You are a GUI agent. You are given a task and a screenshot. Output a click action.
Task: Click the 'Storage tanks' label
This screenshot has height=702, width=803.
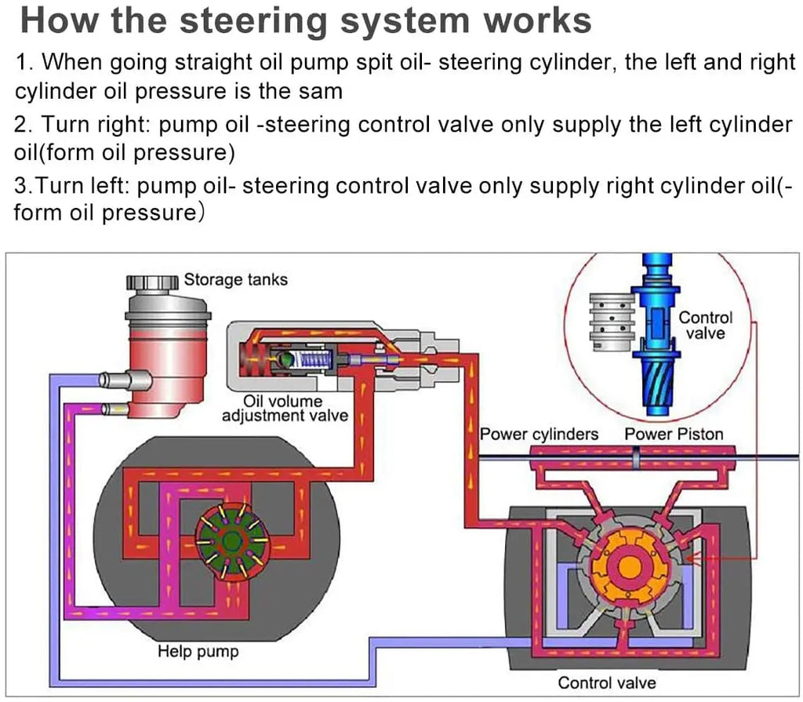(235, 280)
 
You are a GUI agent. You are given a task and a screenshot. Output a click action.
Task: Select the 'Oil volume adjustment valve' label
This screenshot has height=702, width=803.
(284, 409)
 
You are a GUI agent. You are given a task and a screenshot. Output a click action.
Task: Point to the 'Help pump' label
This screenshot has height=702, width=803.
(198, 651)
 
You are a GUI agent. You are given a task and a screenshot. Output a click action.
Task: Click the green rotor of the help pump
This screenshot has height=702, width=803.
(231, 540)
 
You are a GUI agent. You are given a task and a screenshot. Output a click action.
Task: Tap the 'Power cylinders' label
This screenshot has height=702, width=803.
(539, 434)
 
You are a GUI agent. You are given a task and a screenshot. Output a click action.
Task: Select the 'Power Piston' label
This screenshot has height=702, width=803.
(674, 434)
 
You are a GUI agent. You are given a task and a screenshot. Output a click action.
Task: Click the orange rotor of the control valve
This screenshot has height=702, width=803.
(625, 566)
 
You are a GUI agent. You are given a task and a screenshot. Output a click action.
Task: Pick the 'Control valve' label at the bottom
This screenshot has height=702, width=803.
(606, 682)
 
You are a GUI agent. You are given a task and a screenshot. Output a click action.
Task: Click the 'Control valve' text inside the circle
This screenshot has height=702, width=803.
(705, 326)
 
